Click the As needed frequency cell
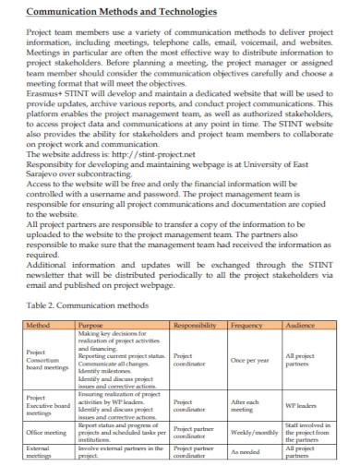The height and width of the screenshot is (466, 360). [246, 452]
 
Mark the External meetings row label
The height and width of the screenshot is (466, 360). [40, 452]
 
